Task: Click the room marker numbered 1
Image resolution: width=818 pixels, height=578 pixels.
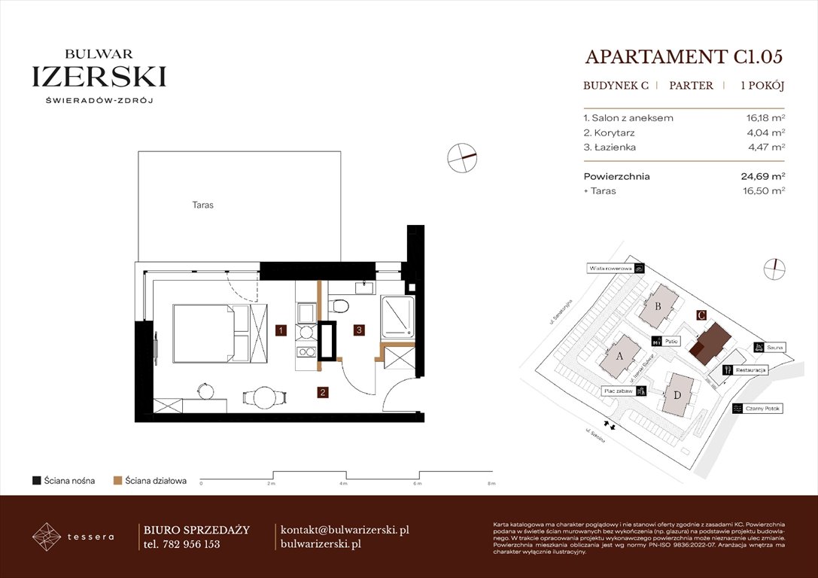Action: (x=279, y=330)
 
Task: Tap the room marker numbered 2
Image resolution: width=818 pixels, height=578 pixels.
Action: (x=321, y=391)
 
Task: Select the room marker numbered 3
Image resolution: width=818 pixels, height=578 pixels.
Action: (x=360, y=330)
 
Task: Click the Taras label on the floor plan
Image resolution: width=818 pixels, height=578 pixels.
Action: (x=202, y=205)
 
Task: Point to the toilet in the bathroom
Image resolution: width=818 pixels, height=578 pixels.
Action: (x=340, y=306)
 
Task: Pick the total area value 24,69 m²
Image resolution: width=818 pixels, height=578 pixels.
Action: (x=762, y=177)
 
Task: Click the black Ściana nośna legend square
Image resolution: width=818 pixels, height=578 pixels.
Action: (x=36, y=480)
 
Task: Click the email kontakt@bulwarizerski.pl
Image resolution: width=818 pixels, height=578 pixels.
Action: (x=344, y=530)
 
